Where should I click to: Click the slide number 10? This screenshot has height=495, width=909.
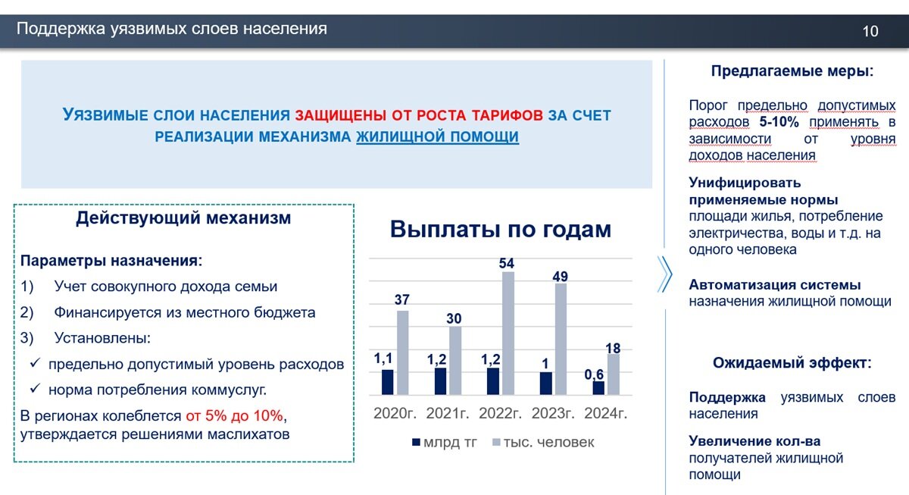[x=870, y=31]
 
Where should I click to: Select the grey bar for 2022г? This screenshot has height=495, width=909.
[x=508, y=333]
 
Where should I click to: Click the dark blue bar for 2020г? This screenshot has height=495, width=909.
[x=388, y=382]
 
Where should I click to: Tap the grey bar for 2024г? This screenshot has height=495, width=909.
[x=614, y=374]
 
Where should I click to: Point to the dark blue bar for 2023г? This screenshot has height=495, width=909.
[x=546, y=384]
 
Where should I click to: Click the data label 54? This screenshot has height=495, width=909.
[x=507, y=263]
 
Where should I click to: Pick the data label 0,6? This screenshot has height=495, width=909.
[x=594, y=374]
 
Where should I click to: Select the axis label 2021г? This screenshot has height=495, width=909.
[x=447, y=413]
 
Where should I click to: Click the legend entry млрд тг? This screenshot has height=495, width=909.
[x=445, y=442]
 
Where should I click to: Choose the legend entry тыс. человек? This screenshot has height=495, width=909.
[x=543, y=442]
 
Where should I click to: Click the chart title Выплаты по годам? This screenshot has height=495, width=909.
[x=501, y=229]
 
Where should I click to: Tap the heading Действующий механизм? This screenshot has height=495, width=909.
[x=183, y=218]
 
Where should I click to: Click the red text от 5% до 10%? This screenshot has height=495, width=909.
[x=235, y=416]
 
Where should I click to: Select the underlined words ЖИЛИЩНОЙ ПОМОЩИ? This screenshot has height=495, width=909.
[x=438, y=137]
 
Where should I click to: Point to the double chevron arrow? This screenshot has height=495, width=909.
[x=665, y=274]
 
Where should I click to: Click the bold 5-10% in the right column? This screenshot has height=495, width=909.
[x=779, y=122]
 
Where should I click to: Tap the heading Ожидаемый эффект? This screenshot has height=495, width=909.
[x=792, y=362]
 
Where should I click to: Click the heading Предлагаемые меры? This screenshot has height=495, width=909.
[x=792, y=71]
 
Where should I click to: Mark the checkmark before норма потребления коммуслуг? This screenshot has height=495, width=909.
[x=36, y=389]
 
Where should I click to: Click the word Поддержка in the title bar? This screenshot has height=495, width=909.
[x=61, y=29]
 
